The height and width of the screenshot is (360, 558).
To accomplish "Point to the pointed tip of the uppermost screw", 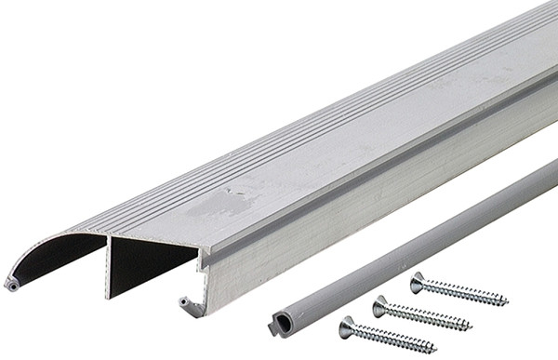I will [x=507, y=302].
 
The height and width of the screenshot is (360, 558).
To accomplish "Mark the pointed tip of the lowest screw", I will [x=435, y=349].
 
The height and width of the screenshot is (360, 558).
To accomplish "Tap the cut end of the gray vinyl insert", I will [x=278, y=323].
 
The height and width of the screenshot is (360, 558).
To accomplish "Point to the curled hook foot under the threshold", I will [x=189, y=303].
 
